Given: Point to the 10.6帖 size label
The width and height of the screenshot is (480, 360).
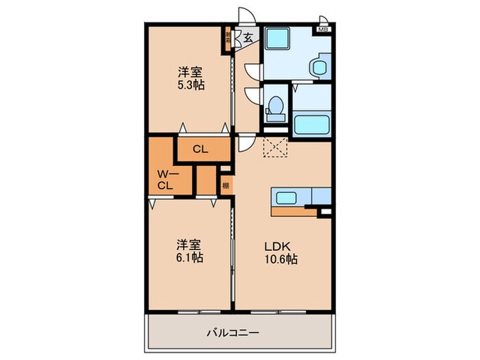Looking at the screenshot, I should (282, 259).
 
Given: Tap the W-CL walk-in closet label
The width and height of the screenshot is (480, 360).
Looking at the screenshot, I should (165, 178).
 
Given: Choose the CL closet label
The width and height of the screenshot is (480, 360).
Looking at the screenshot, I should (200, 149).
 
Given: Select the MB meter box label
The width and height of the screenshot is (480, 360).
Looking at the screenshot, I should (322, 30).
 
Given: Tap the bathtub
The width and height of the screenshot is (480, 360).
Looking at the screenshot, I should (313, 125).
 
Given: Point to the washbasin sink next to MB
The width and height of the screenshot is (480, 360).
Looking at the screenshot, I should (319, 67).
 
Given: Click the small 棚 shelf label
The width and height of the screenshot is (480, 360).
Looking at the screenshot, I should (226, 184).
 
